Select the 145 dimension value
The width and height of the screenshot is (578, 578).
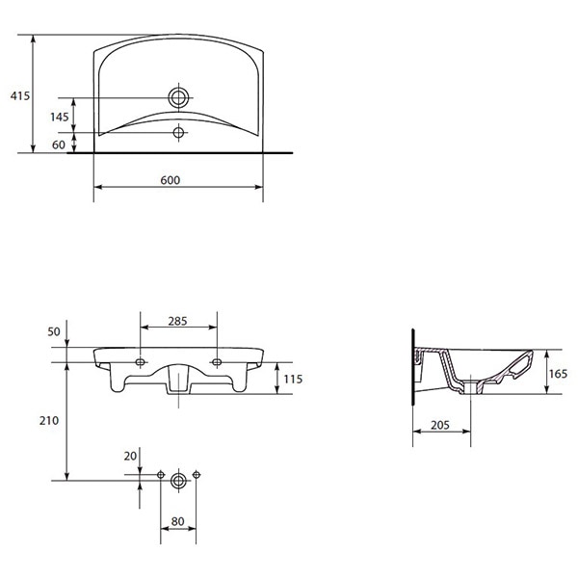point(60,116)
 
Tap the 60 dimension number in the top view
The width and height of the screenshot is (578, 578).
point(60,144)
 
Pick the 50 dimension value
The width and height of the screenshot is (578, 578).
point(54,331)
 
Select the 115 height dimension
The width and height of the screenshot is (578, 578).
point(292,380)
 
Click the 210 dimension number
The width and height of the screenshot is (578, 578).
point(50,420)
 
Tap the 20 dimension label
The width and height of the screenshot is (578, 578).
point(129,456)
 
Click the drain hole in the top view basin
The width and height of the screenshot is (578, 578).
point(178,97)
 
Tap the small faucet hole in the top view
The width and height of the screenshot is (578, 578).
point(178,132)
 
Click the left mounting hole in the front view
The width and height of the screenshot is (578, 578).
point(141,362)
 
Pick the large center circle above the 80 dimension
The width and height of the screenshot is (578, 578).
point(178,479)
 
